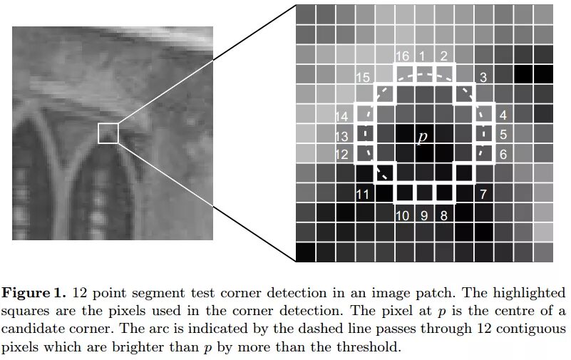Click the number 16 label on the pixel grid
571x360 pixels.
(402, 56)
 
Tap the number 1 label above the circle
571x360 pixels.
(422, 56)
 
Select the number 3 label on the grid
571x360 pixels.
(483, 77)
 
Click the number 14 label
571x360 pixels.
(342, 116)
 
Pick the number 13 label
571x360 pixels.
(342, 135)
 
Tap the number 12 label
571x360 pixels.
(342, 154)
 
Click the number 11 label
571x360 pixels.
(362, 194)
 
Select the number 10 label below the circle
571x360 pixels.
(402, 215)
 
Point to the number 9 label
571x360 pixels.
(423, 215)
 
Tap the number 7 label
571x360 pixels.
(483, 194)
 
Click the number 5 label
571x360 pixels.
(503, 135)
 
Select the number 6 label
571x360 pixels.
(503, 154)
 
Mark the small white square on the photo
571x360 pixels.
(108, 133)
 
